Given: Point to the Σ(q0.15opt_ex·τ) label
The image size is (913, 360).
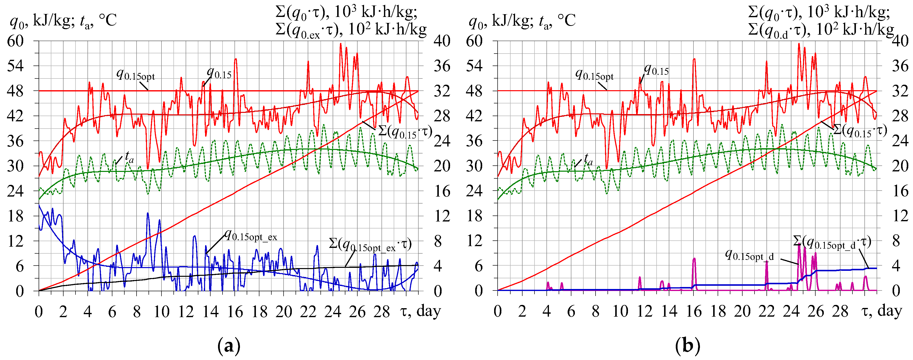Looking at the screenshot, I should [x=370, y=244].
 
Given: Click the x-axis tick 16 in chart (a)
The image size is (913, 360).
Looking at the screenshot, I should [x=235, y=312].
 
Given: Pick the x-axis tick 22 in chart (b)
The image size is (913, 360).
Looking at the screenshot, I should [x=767, y=312].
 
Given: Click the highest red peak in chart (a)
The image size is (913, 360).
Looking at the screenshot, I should [x=340, y=44].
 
